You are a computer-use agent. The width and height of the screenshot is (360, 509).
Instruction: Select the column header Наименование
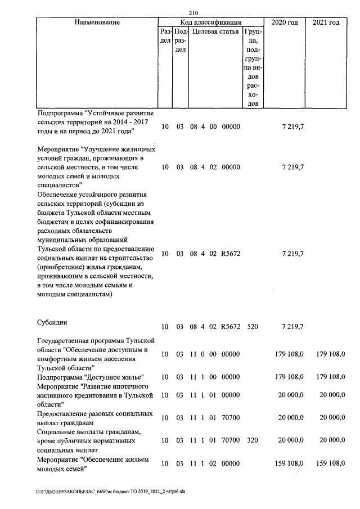click(96, 22)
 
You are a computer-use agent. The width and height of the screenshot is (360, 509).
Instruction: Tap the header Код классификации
click(211, 22)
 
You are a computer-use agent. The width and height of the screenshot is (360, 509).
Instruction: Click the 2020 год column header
click(285, 22)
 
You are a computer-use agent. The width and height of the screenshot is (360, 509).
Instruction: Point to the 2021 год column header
click(326, 22)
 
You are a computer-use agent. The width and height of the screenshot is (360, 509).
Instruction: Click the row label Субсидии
click(52, 323)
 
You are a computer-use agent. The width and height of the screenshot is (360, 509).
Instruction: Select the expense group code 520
click(252, 327)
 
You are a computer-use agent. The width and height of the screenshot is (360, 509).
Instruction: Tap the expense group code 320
click(252, 442)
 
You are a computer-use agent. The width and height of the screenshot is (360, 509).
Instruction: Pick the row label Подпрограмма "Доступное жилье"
click(91, 377)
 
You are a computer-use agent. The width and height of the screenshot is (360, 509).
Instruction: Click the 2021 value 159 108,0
click(329, 463)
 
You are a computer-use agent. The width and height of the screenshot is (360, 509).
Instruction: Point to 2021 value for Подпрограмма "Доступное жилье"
click(329, 377)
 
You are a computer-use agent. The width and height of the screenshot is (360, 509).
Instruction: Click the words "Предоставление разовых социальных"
click(94, 414)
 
